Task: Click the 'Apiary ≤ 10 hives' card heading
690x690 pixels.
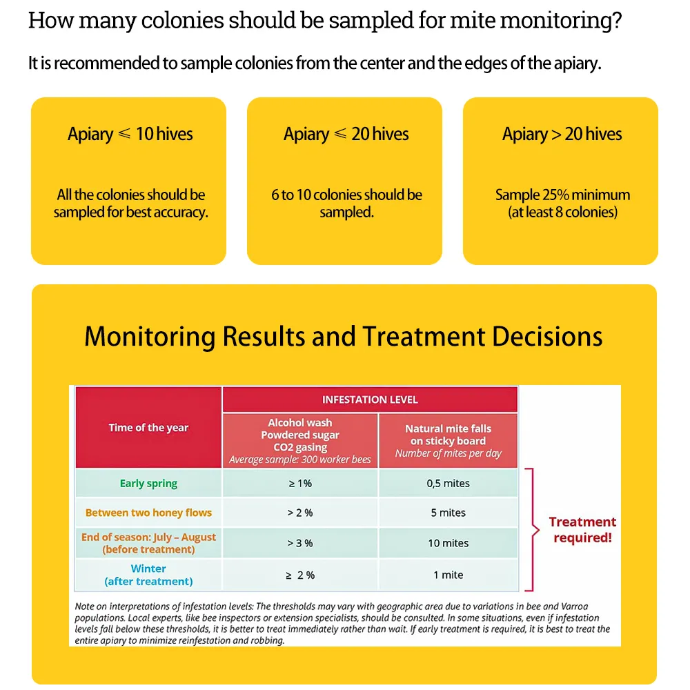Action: pos(130,134)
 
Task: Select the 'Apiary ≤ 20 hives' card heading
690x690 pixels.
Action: pos(346,134)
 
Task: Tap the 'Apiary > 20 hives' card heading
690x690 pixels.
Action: pos(562,134)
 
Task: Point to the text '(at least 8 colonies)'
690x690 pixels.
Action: pos(562,213)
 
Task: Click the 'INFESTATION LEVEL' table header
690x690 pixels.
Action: pos(370,400)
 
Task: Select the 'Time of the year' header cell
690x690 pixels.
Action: pos(148,428)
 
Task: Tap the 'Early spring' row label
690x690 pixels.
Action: pos(148,483)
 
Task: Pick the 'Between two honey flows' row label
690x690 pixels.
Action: pos(148,513)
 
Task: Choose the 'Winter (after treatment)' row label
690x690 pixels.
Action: pos(148,575)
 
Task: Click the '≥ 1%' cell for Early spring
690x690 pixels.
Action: pos(300,483)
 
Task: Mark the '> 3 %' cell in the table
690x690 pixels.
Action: pos(300,543)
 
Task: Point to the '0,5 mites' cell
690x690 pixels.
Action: pos(448,483)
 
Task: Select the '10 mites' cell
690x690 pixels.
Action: pos(448,543)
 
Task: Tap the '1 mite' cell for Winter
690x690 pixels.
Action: pos(448,575)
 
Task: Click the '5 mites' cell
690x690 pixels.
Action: pos(448,513)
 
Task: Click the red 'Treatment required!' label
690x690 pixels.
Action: pos(582,529)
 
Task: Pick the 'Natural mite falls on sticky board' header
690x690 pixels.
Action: pos(448,435)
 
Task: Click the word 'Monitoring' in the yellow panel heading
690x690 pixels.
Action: pos(150,337)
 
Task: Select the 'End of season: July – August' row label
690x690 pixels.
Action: pos(148,537)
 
